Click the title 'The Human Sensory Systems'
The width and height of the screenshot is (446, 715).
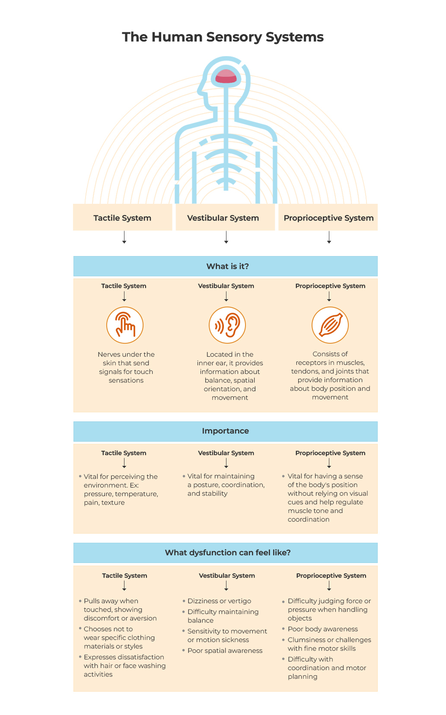[223, 37]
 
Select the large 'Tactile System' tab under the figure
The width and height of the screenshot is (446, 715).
[123, 217]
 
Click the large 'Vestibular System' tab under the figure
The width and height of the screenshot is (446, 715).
[225, 217]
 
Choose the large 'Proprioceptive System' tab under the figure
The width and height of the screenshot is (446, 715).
[328, 217]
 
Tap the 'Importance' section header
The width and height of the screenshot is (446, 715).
[226, 431]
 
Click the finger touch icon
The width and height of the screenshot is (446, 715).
[125, 325]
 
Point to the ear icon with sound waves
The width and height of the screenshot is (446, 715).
[227, 325]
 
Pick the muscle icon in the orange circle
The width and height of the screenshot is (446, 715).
[330, 325]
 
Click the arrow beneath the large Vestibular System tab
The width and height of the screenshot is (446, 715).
[226, 237]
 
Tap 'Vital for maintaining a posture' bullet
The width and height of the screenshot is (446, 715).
[223, 484]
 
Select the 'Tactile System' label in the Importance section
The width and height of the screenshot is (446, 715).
[124, 453]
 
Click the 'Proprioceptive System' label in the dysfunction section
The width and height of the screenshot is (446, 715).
[331, 576]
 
